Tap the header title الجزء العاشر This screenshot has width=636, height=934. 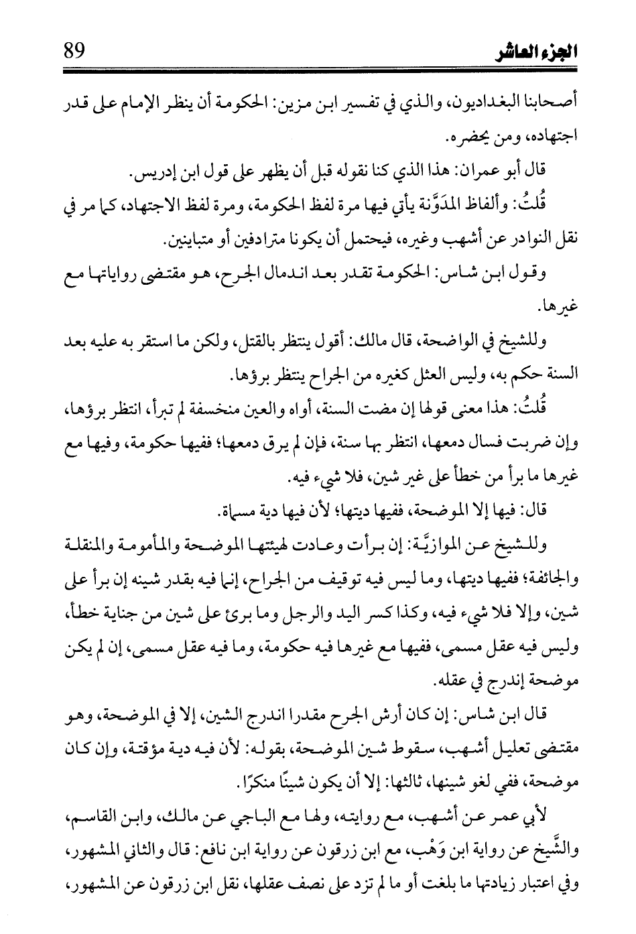539,52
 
